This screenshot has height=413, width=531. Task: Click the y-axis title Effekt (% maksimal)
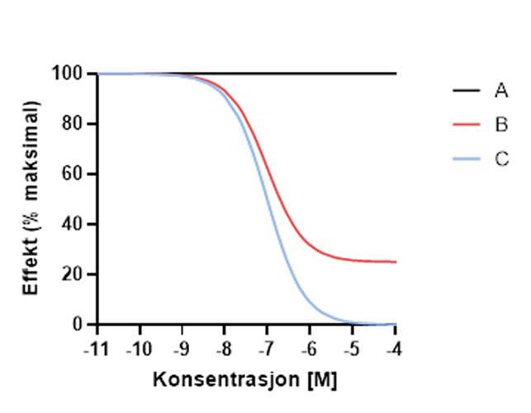click(31, 198)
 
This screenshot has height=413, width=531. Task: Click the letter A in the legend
click(501, 91)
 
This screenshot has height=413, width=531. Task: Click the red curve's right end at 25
click(395, 262)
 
